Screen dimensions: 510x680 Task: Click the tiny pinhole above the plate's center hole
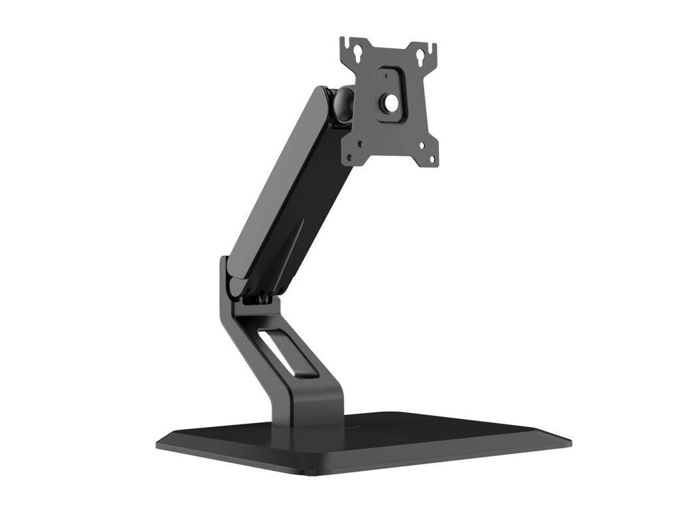[386, 76]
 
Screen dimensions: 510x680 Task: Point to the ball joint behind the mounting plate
[343, 104]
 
